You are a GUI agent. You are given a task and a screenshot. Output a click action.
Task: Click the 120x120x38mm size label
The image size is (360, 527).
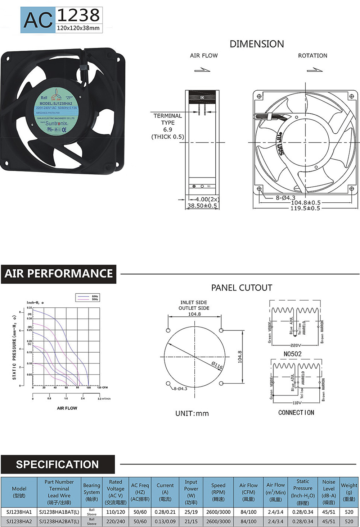pos(78,28)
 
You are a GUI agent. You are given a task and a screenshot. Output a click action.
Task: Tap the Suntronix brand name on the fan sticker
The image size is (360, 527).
pos(57,123)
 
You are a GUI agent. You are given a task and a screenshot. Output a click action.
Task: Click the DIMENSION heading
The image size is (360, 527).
pos(257,44)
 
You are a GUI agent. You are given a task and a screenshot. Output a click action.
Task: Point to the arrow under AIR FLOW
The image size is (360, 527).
pos(202,70)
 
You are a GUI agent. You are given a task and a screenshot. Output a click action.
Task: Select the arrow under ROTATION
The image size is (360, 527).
pos(315,70)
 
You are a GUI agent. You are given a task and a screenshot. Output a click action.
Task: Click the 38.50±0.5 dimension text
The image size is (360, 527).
pos(202,206)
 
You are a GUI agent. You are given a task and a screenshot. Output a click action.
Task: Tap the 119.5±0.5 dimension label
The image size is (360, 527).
pos(305,208)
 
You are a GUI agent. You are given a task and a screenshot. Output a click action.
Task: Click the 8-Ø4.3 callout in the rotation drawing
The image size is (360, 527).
pos(285,198)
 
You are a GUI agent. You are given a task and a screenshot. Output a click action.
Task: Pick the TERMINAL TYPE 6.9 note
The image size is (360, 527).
pos(167,126)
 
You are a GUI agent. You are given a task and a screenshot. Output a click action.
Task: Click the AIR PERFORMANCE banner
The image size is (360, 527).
pos(59,274)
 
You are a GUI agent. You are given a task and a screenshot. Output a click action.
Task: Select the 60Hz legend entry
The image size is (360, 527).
pos(95,296)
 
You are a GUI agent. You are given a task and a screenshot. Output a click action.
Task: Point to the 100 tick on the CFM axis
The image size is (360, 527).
pos(89,388)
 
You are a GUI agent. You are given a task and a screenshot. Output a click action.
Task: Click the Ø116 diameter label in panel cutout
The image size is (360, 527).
pos(217,366)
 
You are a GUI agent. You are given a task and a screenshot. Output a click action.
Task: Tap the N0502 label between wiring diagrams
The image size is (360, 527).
pos(292,354)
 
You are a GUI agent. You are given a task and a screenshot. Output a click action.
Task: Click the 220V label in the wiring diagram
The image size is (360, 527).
pos(296,345)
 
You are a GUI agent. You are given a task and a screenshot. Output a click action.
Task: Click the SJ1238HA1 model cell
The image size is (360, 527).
pos(19,512)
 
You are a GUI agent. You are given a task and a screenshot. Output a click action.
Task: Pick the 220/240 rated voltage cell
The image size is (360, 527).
pos(116,521)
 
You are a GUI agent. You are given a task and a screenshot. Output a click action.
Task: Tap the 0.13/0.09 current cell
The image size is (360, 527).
pos(165,521)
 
